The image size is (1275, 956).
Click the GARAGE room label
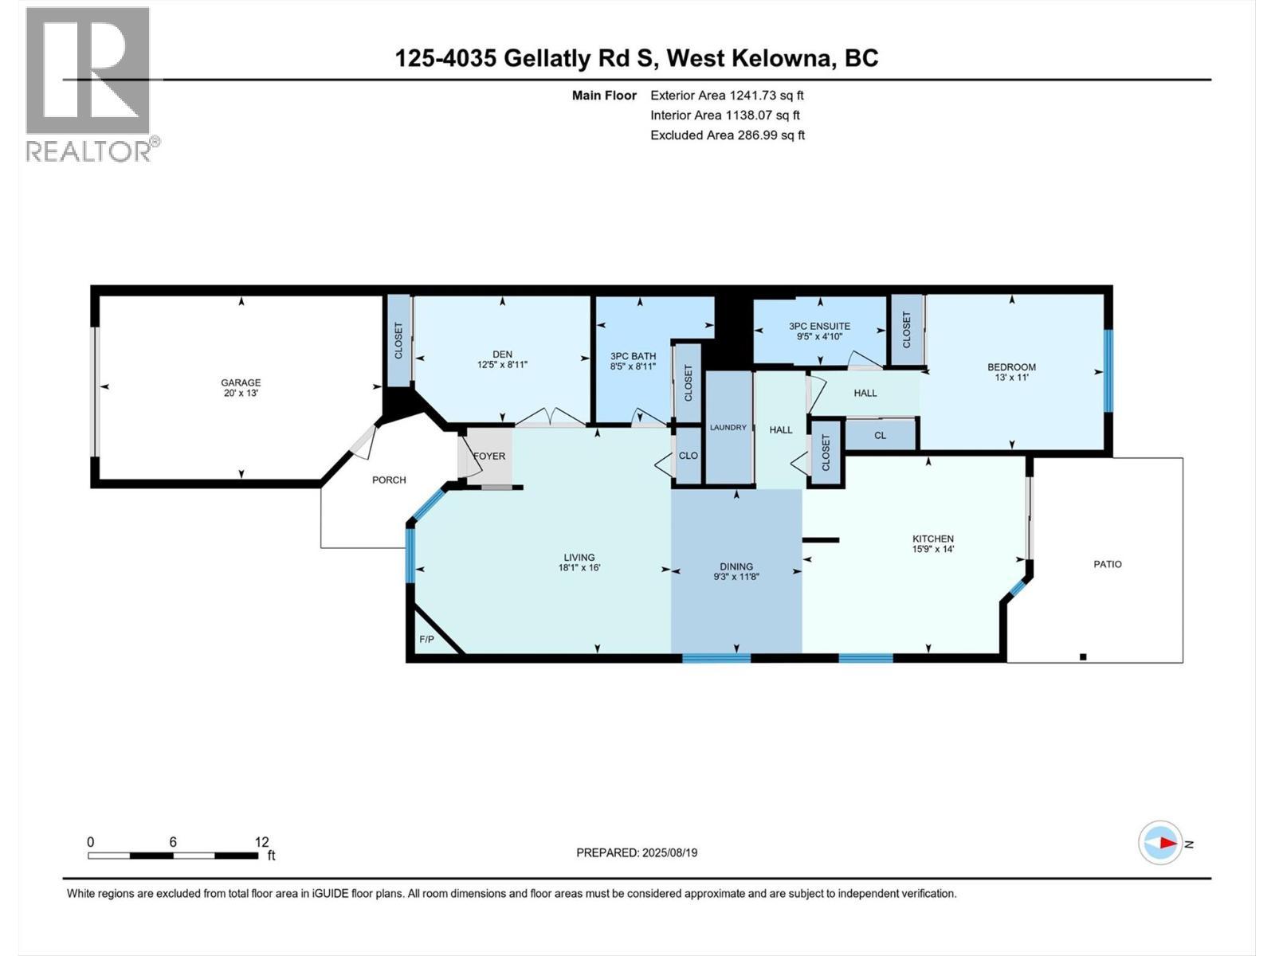pyautogui.click(x=241, y=382)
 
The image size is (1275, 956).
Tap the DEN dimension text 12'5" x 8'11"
pyautogui.click(x=502, y=365)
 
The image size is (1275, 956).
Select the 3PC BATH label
pyautogui.click(x=633, y=356)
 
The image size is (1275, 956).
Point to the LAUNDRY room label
pyautogui.click(x=728, y=428)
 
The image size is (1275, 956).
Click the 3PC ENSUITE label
pyautogui.click(x=819, y=326)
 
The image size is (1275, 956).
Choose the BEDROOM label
pyautogui.click(x=1011, y=367)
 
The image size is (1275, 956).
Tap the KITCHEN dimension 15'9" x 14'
pyautogui.click(x=933, y=549)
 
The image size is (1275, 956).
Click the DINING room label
pyautogui.click(x=736, y=566)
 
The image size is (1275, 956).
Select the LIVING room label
pyautogui.click(x=579, y=558)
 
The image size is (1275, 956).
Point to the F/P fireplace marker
pyautogui.click(x=426, y=640)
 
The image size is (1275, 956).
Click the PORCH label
pyautogui.click(x=389, y=480)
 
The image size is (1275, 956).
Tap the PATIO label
pyautogui.click(x=1107, y=564)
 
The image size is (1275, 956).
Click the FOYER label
pyautogui.click(x=489, y=456)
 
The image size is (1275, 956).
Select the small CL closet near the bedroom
pyautogui.click(x=880, y=436)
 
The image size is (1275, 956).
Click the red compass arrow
pyautogui.click(x=1167, y=843)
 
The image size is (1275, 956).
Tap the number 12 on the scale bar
pyautogui.click(x=261, y=842)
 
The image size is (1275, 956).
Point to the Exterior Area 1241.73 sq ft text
pyautogui.click(x=727, y=96)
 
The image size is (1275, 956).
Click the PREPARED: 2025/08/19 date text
pyautogui.click(x=637, y=852)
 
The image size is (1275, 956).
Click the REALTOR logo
pyautogui.click(x=89, y=84)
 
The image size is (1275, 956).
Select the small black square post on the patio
pyautogui.click(x=1083, y=657)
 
